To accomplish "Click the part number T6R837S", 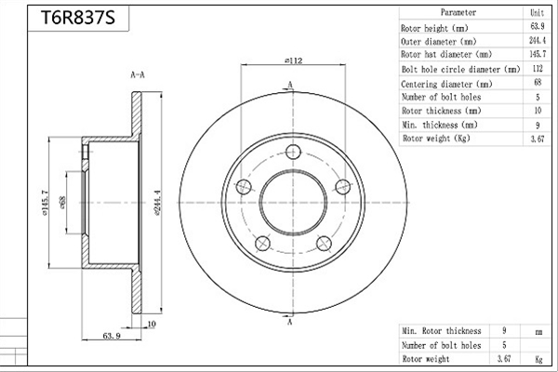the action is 78,17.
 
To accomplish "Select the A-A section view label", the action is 138,74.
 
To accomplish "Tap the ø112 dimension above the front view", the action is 294,60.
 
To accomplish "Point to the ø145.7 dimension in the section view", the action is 46,203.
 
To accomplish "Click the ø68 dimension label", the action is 62,203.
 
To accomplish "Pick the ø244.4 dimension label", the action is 158,203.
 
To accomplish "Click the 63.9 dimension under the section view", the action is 112,336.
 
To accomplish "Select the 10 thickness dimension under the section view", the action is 152,324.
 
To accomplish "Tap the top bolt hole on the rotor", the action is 293,152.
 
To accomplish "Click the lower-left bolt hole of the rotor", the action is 263,243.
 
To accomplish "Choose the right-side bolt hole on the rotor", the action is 343,187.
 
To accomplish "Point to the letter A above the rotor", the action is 290,85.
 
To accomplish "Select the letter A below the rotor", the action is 290,322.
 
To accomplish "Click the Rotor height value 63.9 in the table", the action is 538,26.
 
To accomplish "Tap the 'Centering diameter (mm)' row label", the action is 446,85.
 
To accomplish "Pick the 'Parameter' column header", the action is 458,12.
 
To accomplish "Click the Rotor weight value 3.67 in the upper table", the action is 538,139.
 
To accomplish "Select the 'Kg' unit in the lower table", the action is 538,359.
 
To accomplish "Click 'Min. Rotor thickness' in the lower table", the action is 442,331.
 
